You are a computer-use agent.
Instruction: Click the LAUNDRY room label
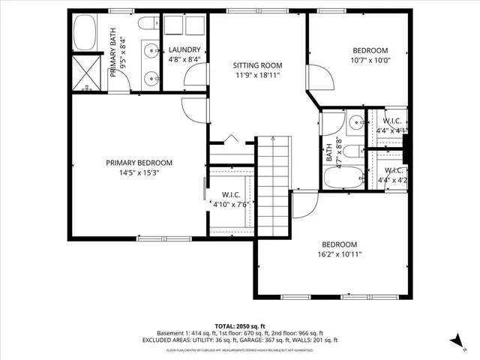tap(184, 50)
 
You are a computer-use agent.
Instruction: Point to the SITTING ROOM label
tap(256, 66)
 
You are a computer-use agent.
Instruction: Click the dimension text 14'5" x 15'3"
tap(139, 172)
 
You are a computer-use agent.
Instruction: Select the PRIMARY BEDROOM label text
tap(139, 163)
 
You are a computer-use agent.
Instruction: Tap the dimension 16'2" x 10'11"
tap(339, 254)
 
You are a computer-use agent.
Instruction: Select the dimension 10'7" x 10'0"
tap(370, 60)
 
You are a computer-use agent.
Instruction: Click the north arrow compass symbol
tap(454, 340)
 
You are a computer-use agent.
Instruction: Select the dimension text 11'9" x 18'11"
tap(256, 76)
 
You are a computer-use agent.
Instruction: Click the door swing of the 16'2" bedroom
tap(303, 202)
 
